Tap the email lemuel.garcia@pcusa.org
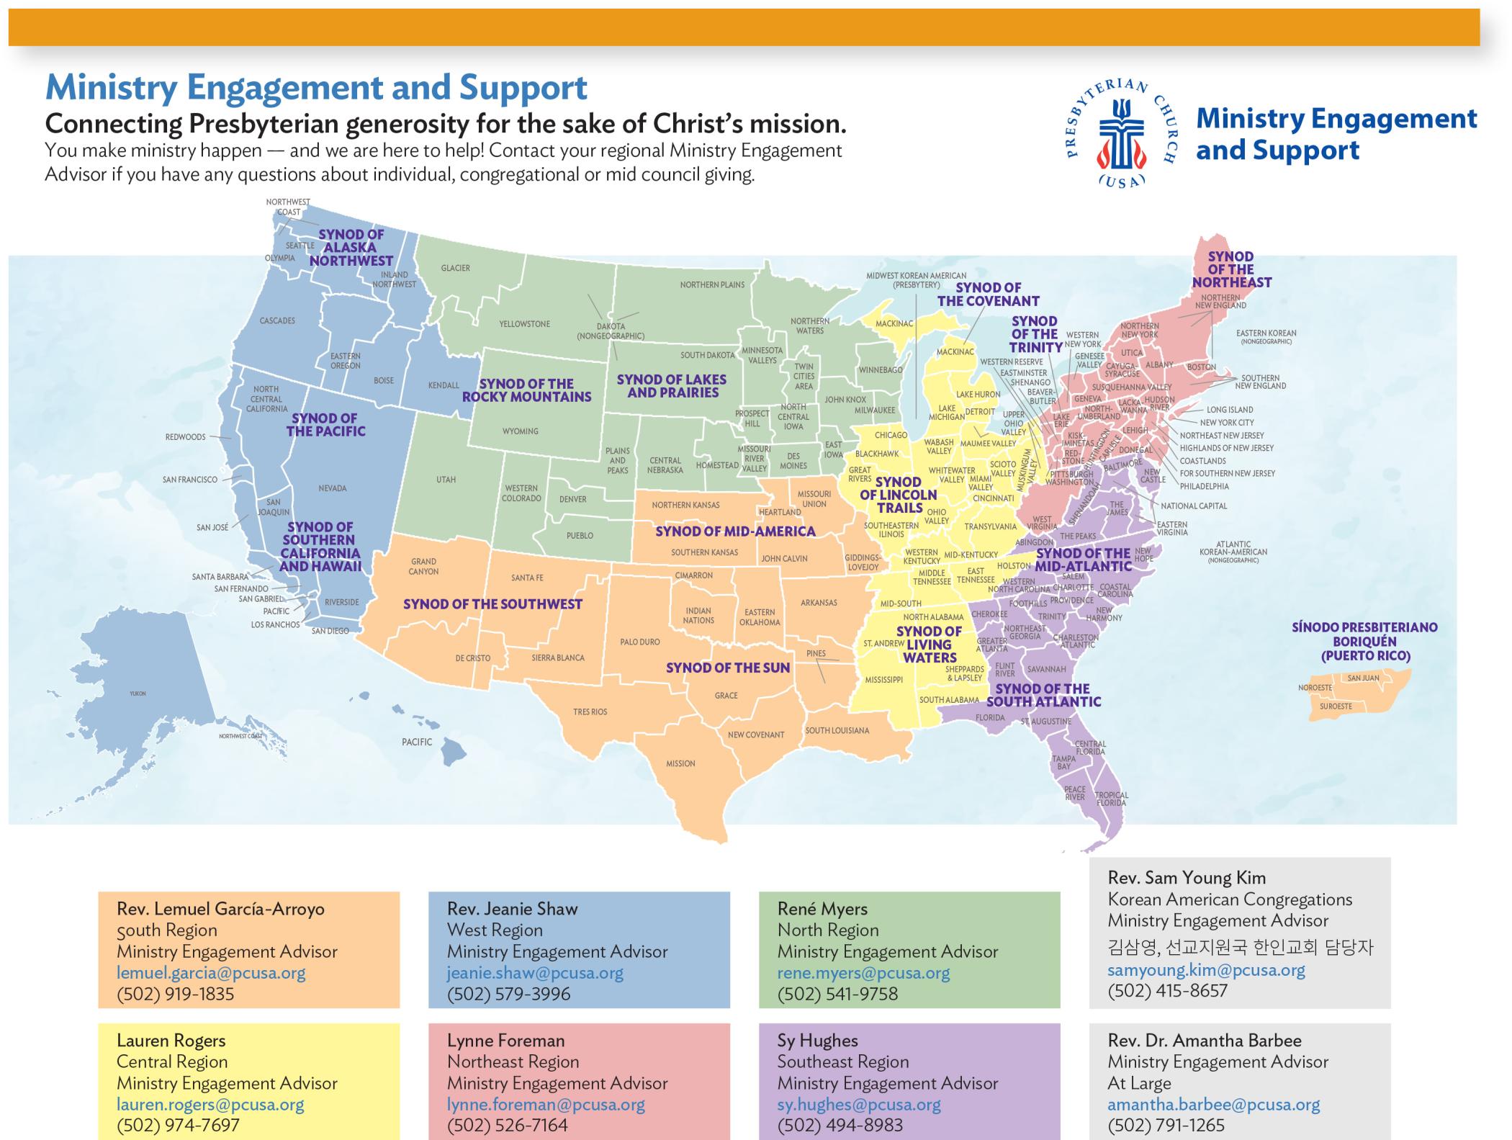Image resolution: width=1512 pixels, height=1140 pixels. point(211,973)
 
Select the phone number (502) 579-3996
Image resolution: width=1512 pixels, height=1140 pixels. point(508,994)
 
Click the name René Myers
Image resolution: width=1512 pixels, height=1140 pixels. point(822,909)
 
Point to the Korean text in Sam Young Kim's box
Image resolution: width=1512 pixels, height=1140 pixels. point(1240,948)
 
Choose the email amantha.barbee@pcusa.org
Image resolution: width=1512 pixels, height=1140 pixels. point(1213,1105)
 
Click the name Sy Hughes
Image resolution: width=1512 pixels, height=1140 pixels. point(817,1041)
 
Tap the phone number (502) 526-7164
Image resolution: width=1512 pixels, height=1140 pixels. point(507,1125)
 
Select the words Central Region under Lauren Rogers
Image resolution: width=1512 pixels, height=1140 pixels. point(172,1062)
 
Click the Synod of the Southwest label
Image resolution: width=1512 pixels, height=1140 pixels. point(492,604)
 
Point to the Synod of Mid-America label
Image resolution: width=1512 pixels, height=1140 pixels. point(735,531)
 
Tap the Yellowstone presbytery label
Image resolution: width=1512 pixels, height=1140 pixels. point(524,324)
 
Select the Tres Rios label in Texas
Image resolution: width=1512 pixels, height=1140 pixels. point(590,712)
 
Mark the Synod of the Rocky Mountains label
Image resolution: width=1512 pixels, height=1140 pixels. point(526,390)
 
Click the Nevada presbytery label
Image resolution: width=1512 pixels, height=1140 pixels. point(333,488)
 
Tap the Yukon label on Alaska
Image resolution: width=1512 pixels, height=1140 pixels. point(138,694)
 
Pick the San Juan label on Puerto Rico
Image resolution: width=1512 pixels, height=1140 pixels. point(1363,678)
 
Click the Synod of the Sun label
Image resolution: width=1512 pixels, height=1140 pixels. point(728,668)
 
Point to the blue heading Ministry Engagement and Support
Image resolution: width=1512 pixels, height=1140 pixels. point(316,88)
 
